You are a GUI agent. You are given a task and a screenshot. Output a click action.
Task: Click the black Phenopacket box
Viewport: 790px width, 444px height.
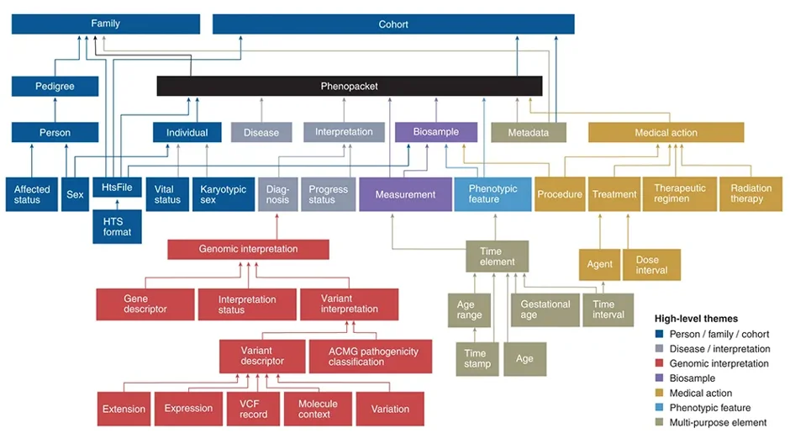click(x=349, y=86)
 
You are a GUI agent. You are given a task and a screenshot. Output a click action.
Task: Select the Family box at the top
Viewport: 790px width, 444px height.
click(x=105, y=24)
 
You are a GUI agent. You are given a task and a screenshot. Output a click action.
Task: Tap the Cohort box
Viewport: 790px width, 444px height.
click(x=392, y=24)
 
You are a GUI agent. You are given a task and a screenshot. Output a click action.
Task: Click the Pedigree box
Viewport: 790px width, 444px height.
click(x=55, y=86)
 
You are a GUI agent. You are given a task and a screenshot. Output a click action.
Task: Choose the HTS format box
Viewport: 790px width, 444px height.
click(x=117, y=226)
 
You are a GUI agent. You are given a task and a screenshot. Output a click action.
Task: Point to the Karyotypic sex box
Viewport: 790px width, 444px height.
click(x=223, y=194)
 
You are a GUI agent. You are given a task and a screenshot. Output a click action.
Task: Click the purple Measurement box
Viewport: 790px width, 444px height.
click(x=405, y=194)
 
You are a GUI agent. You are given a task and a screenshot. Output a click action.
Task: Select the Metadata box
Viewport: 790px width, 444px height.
click(x=528, y=132)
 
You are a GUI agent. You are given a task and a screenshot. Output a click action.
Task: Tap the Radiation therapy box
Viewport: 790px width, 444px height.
click(x=750, y=194)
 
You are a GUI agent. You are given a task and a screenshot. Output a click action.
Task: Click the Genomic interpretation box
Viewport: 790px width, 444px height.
click(x=248, y=249)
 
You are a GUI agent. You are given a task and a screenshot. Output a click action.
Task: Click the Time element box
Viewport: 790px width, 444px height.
click(x=497, y=256)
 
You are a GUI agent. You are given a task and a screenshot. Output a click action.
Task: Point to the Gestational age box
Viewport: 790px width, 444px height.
click(x=545, y=309)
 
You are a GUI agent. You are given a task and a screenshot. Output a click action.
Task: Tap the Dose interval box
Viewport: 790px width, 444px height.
click(x=651, y=265)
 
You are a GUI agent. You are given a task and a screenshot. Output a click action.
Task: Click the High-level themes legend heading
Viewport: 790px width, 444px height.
click(x=696, y=319)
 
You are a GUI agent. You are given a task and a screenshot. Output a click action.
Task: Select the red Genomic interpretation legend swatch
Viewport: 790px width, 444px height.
click(x=660, y=364)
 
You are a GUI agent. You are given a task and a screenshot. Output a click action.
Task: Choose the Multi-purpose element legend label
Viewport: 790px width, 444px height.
click(x=718, y=422)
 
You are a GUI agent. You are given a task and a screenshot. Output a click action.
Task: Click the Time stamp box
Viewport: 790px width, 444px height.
click(x=477, y=359)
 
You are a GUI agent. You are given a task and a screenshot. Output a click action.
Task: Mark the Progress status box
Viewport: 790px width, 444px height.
click(x=328, y=194)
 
